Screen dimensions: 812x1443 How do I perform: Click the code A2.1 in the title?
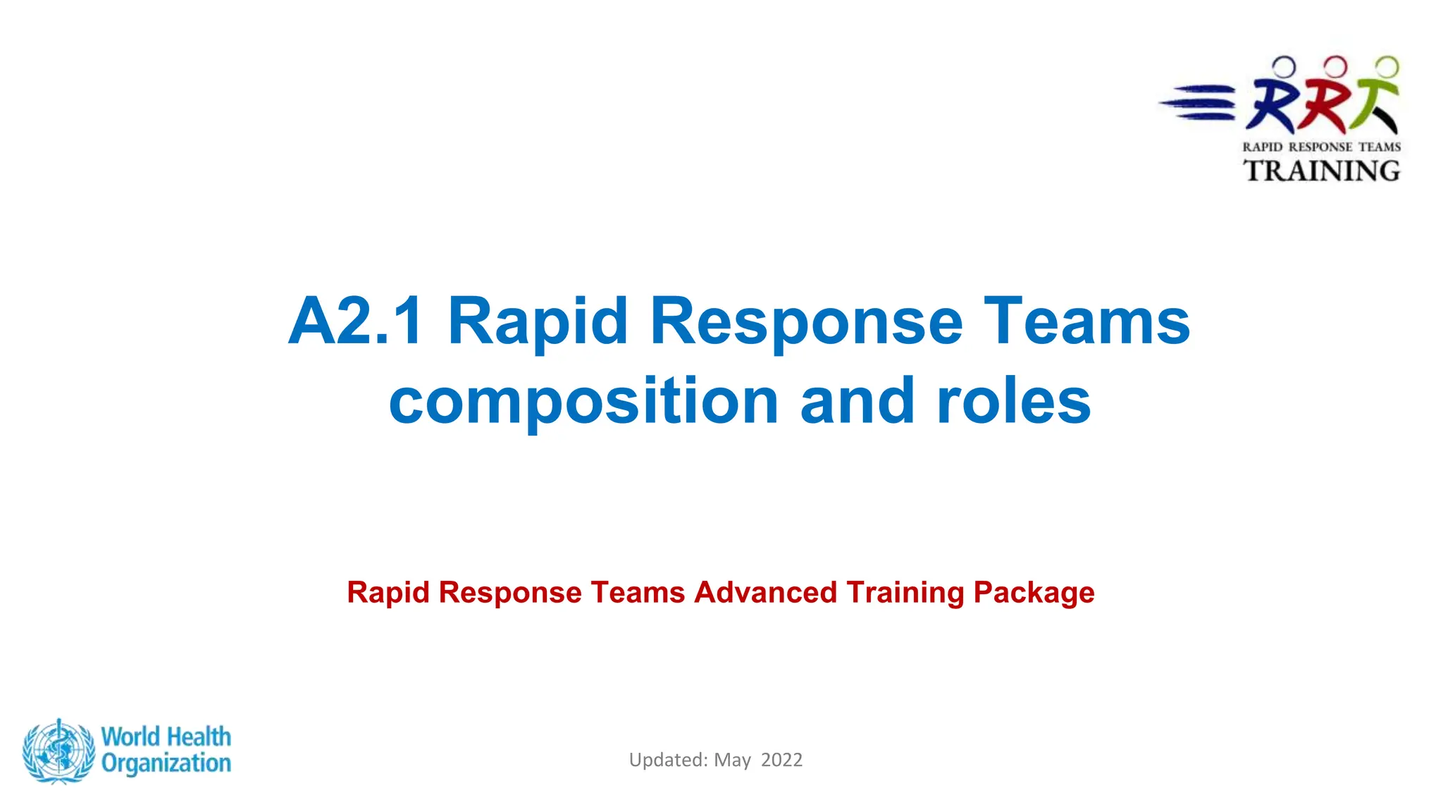[357, 321]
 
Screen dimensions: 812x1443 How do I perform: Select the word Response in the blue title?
[806, 321]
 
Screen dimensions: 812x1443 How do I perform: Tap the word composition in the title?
[583, 402]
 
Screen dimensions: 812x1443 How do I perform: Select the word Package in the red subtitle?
[1034, 592]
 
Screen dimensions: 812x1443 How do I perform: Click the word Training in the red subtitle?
[905, 592]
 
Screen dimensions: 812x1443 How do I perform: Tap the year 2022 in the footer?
[781, 760]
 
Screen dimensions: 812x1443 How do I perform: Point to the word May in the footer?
[732, 760]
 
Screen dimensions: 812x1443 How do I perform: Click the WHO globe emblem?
[58, 751]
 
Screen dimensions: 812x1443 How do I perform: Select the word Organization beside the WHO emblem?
[166, 763]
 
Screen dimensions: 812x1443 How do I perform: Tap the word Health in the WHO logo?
[199, 737]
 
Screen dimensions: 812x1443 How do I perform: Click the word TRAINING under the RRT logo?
[1321, 171]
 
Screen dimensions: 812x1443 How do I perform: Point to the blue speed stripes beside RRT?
[1198, 102]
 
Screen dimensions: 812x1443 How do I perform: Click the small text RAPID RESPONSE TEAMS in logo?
[1321, 147]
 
